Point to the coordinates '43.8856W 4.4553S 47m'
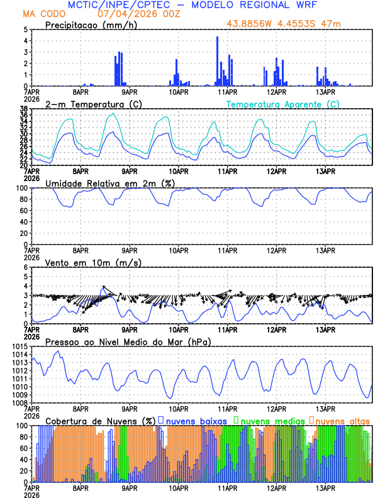[287, 24]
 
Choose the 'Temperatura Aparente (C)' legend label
[282, 104]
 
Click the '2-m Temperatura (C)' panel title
[85, 104]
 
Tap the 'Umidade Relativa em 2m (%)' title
[111, 183]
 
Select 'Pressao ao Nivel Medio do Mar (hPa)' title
[128, 341]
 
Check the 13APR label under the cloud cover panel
[325, 487]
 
